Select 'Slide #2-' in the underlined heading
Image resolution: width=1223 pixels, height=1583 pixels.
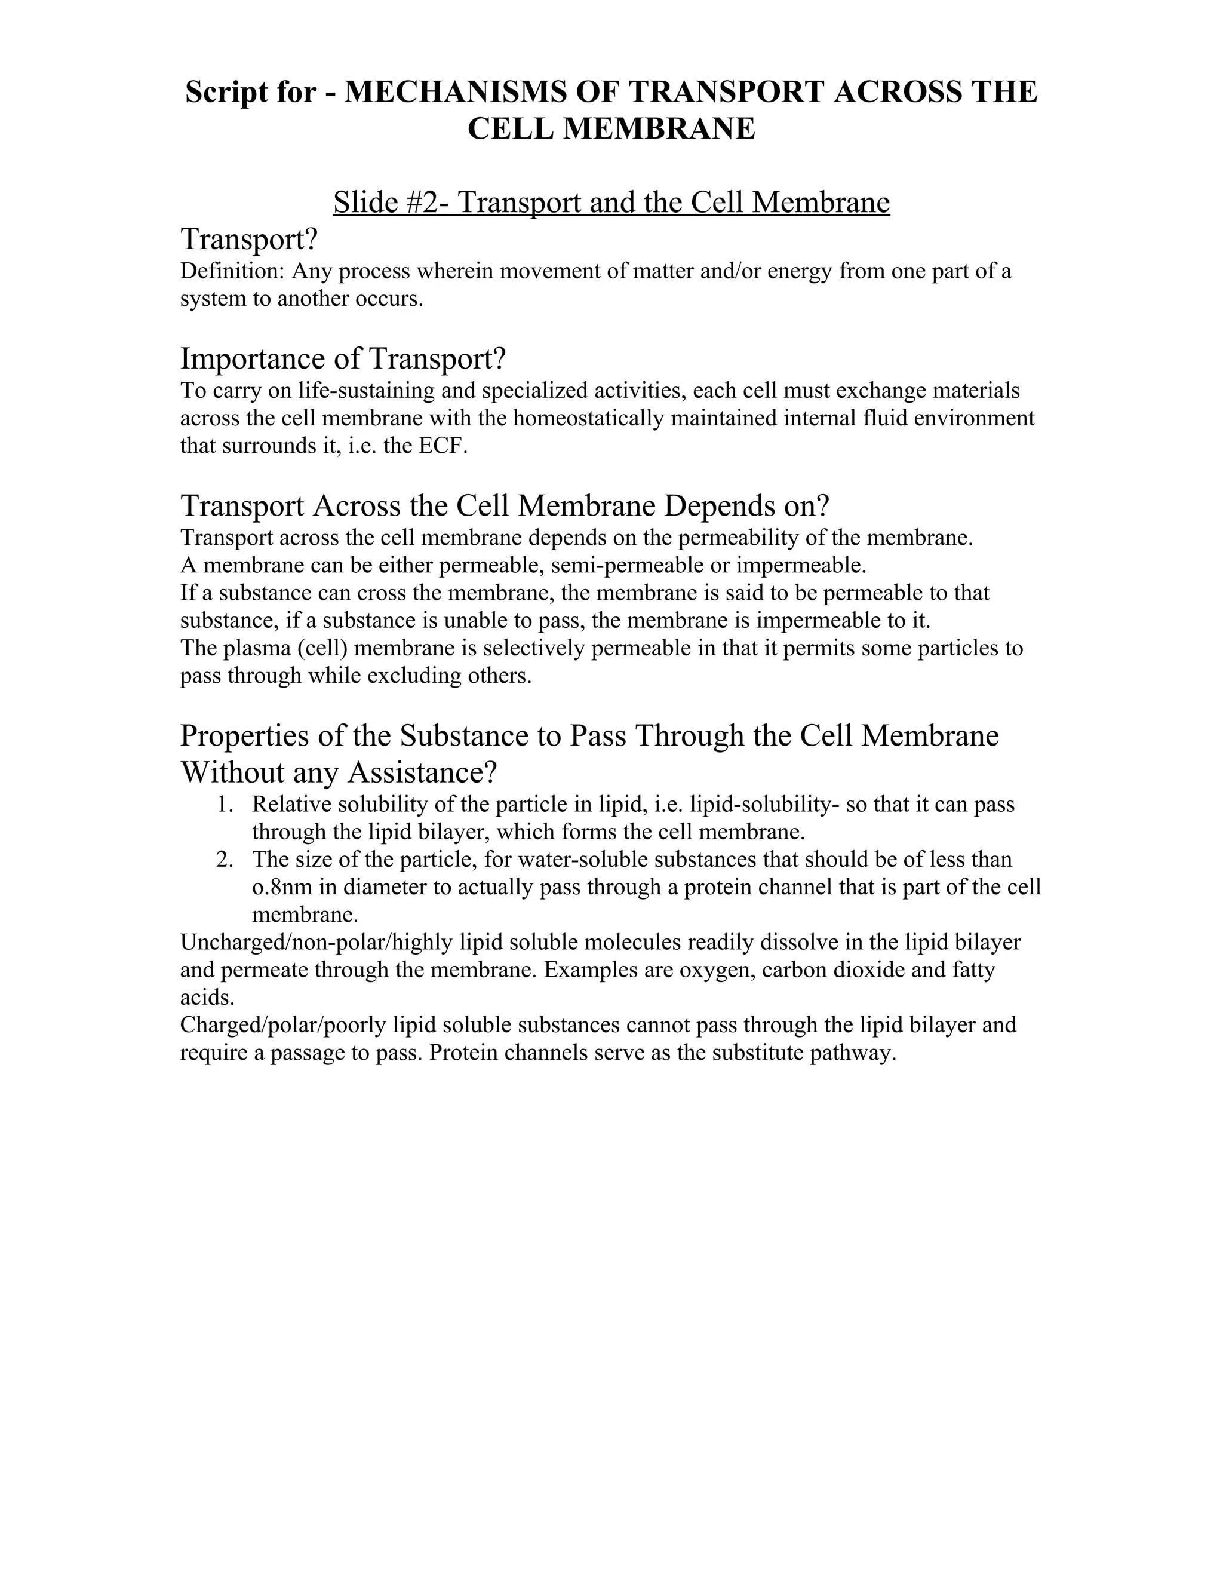click(x=391, y=203)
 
